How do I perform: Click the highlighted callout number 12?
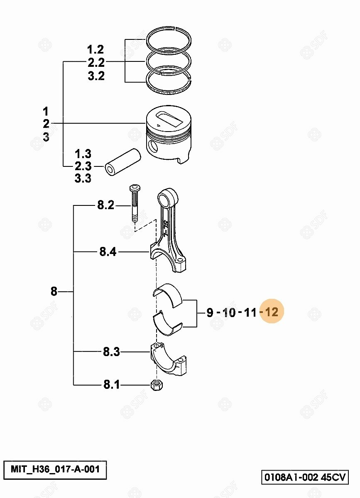click(272, 312)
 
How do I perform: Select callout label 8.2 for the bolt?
click(106, 205)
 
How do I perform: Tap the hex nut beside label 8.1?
click(157, 385)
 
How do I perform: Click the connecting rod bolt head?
click(135, 189)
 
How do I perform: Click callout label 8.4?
click(108, 252)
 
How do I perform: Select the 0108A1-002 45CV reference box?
click(305, 477)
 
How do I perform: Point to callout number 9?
click(210, 312)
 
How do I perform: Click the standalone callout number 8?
click(54, 291)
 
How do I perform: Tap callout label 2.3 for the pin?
click(83, 166)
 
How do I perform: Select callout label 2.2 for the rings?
click(96, 63)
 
